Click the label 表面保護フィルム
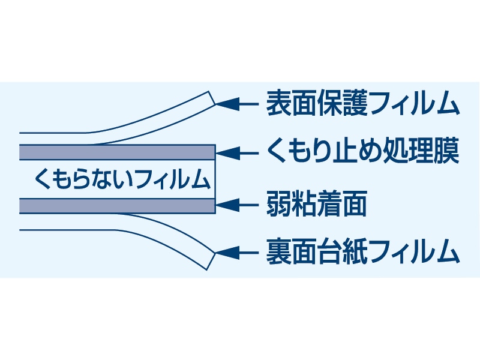pos(362,104)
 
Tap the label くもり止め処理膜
pos(362,153)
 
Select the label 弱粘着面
pos(316,205)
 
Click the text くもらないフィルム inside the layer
pos(122,179)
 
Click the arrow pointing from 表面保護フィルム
pos(237,104)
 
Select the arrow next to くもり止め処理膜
pos(237,153)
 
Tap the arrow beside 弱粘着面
pos(237,205)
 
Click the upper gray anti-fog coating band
pos(117,152)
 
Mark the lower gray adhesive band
pos(117,206)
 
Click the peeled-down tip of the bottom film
pos(209,259)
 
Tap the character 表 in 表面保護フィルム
pos(278,104)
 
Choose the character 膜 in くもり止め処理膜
pos(446,153)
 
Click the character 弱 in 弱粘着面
pos(278,205)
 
